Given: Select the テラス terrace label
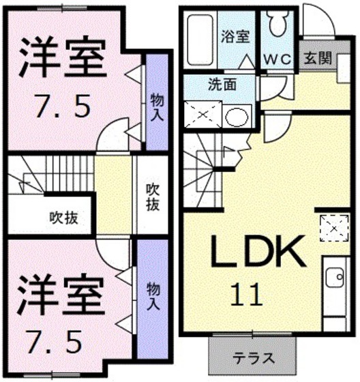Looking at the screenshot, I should coord(254,358).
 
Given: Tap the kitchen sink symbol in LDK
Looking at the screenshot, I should coord(335,278).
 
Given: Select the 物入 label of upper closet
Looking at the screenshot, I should coord(156,106).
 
